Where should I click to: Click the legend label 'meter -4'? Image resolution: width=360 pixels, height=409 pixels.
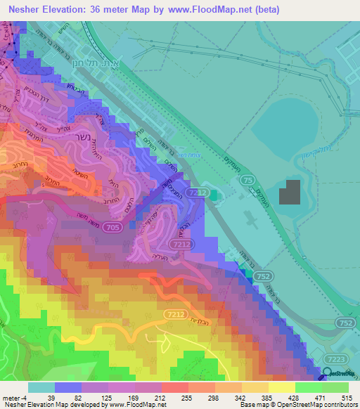(x=15, y=398)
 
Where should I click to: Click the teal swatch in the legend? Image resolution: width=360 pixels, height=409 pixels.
(x=41, y=387)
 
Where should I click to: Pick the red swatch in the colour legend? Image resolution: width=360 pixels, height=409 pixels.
(x=174, y=387)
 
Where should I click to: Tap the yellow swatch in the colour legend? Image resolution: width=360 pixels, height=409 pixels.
(x=281, y=387)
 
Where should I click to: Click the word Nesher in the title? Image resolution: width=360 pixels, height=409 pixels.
(x=20, y=9)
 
